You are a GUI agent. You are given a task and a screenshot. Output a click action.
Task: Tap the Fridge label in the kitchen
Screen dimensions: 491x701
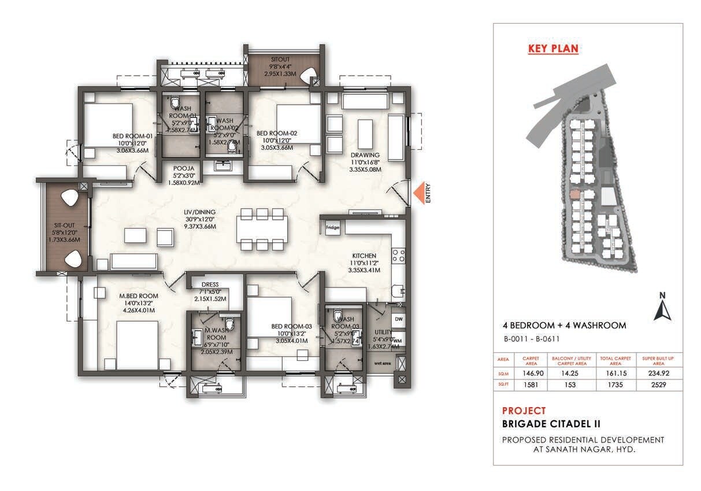[332, 227]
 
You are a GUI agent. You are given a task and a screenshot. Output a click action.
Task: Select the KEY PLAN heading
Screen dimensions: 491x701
[553, 49]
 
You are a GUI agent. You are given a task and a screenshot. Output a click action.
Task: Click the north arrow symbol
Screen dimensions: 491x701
[661, 307]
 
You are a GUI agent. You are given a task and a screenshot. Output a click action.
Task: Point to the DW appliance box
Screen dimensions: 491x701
[398, 319]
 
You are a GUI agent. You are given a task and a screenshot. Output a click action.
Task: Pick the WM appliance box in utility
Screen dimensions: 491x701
[398, 341]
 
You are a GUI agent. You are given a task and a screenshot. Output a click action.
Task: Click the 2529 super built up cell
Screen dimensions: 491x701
[658, 384]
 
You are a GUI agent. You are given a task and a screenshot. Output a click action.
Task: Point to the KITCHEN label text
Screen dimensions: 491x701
[365, 256]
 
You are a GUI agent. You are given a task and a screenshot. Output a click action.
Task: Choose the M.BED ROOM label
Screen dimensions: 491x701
[139, 296]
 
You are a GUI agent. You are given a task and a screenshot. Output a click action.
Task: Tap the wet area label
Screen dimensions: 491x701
[381, 363]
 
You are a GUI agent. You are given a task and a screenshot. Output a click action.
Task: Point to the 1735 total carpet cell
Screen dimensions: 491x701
[615, 384]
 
